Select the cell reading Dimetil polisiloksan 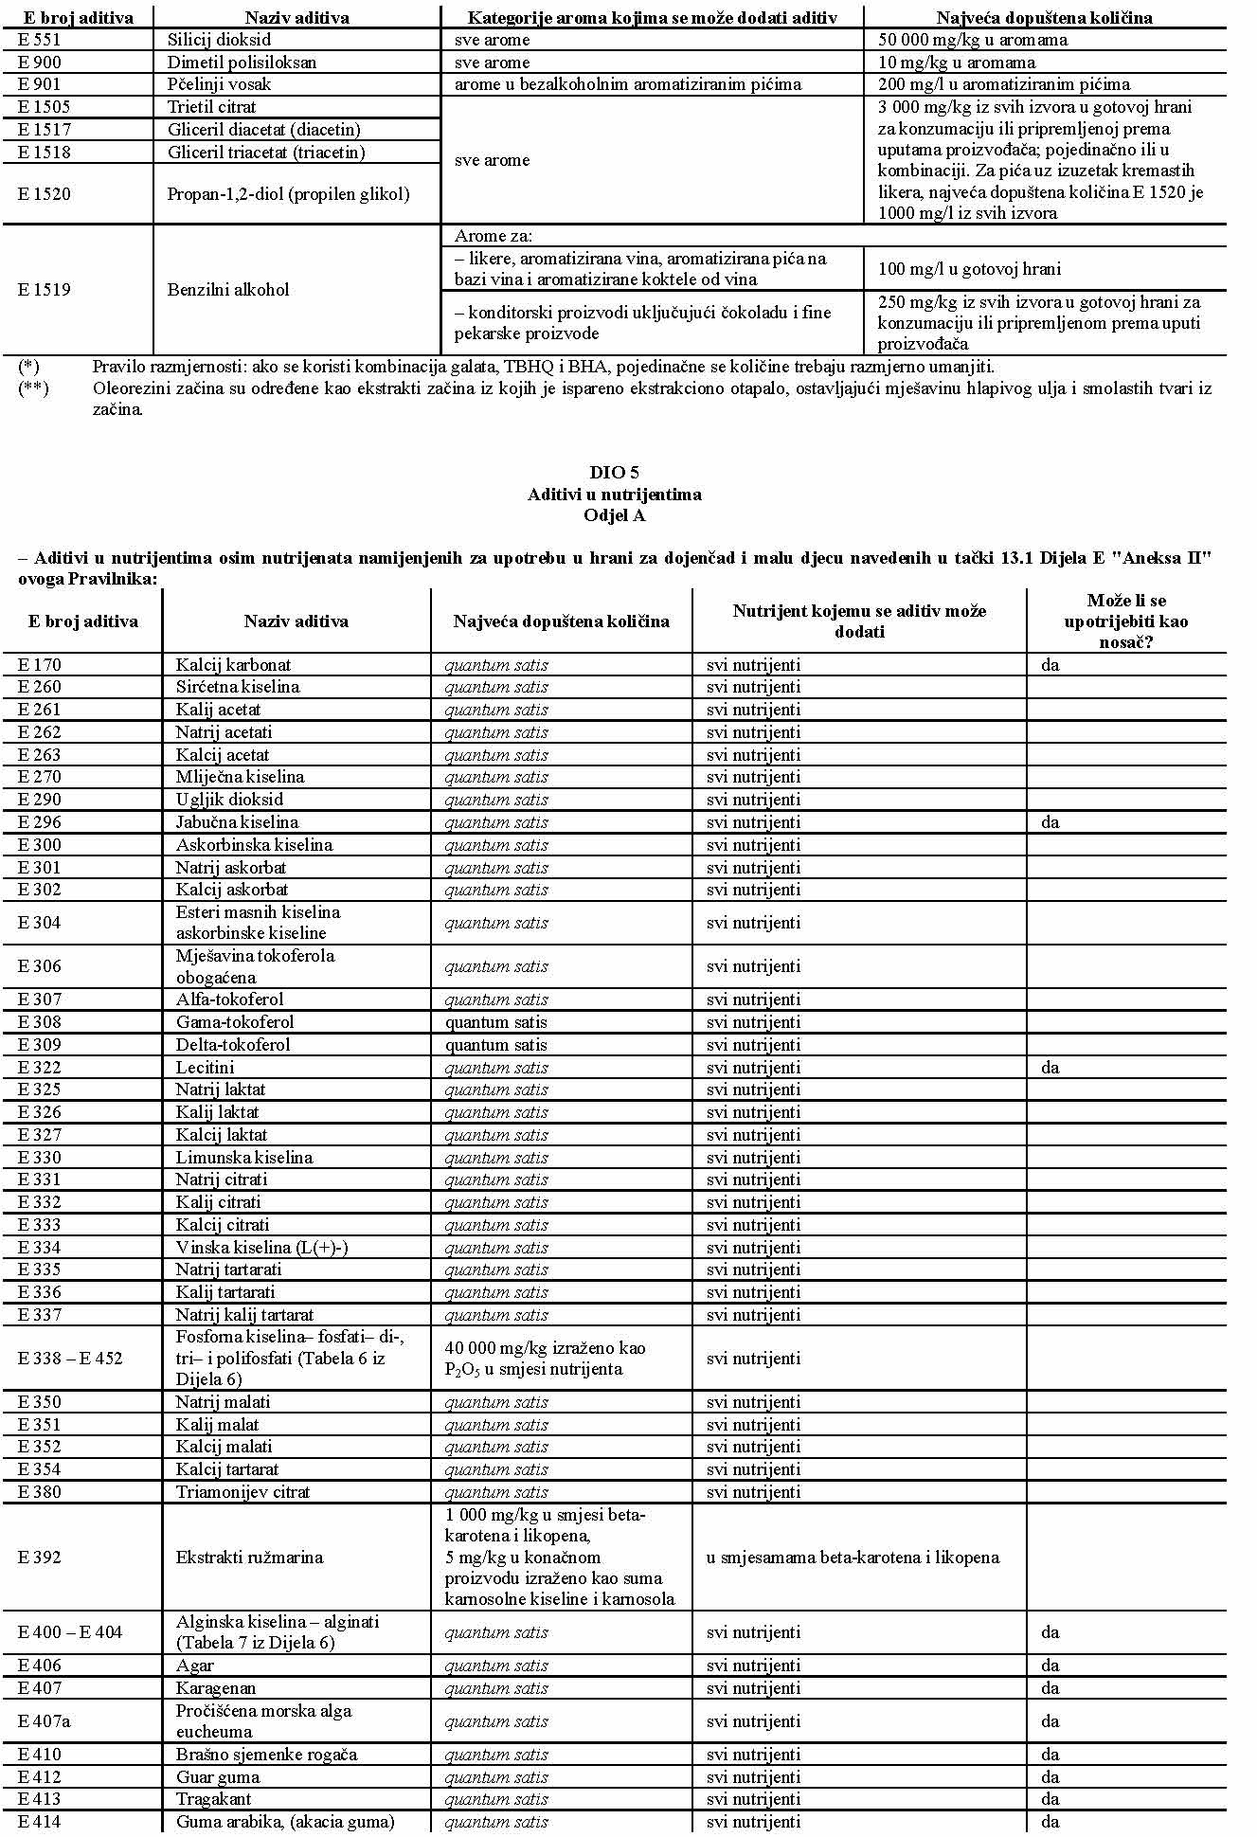(x=242, y=63)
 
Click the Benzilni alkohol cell (x=227, y=290)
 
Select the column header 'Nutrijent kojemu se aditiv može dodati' (x=859, y=621)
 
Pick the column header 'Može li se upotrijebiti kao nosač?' (x=1125, y=621)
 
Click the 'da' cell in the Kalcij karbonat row (x=1050, y=665)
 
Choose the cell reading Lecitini (x=205, y=1068)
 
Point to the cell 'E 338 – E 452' (x=70, y=1359)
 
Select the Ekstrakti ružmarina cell (x=249, y=1558)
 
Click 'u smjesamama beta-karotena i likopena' (x=853, y=1558)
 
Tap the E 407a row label (x=43, y=1721)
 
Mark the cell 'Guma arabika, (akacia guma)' (x=285, y=1822)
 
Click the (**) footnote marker (x=33, y=388)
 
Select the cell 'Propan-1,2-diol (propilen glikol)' (x=288, y=194)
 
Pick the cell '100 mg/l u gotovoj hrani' (x=969, y=269)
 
